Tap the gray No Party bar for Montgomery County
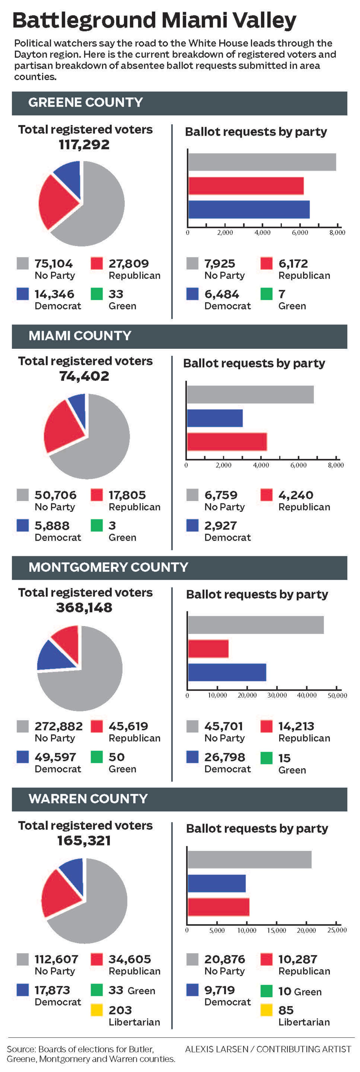256,625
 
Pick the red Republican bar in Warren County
218,907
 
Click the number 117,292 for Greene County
84,145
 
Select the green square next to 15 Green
266,757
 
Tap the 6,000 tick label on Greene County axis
300,233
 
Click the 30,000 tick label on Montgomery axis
277,695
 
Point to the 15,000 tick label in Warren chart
276,930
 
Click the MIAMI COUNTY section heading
80,336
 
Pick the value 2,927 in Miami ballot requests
220,526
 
